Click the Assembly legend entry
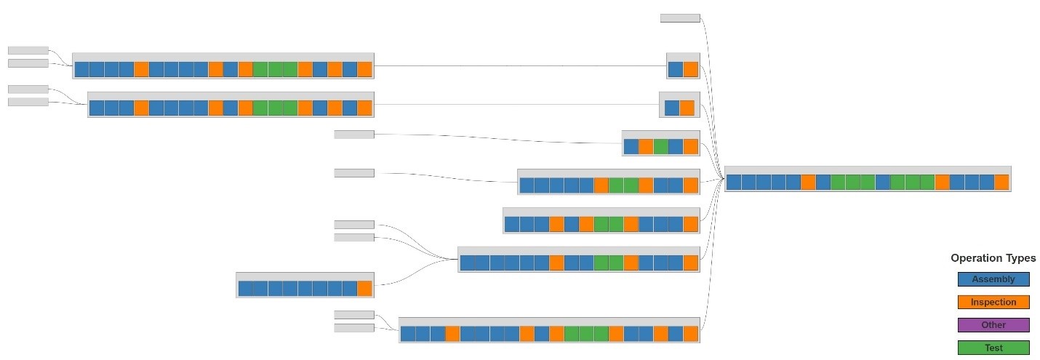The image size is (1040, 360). click(993, 279)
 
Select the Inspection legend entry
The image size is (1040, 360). click(993, 302)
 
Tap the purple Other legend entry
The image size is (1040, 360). click(993, 325)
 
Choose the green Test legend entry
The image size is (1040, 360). click(993, 348)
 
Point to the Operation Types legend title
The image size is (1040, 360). click(993, 258)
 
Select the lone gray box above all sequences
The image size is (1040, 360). click(680, 18)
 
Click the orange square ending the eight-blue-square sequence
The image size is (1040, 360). click(364, 288)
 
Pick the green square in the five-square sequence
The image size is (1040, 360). click(660, 146)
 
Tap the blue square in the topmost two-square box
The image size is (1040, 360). click(676, 69)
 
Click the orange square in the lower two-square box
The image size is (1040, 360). click(687, 108)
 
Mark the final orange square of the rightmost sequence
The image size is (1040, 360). click(1001, 182)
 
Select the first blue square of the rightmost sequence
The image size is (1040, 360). click(734, 182)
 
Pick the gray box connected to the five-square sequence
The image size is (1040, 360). click(354, 134)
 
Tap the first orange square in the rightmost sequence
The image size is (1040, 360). click(808, 182)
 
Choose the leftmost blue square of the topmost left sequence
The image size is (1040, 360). click(81, 69)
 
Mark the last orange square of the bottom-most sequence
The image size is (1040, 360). click(691, 333)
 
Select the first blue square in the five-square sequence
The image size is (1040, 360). click(631, 146)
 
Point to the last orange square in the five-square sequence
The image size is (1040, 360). click(691, 146)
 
